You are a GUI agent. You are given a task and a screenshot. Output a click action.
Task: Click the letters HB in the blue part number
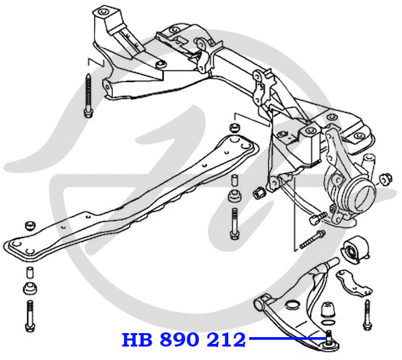(137, 340)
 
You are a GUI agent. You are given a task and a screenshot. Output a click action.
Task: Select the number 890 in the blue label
(180, 340)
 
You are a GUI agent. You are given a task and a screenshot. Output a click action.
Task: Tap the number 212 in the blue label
(226, 340)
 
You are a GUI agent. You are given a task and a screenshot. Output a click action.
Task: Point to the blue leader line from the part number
(287, 338)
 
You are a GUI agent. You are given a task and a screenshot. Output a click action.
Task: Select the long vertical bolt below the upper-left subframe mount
(88, 96)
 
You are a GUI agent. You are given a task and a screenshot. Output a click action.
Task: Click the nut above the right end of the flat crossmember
(234, 128)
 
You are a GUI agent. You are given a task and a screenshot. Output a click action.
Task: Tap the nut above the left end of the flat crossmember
(30, 225)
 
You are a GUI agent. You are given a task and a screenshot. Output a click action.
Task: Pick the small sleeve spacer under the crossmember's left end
(30, 273)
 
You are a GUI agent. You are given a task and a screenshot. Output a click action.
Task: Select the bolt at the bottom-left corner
(30, 316)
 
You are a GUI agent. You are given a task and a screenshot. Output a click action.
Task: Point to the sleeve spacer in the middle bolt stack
(234, 180)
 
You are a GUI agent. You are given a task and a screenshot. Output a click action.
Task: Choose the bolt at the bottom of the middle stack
(234, 223)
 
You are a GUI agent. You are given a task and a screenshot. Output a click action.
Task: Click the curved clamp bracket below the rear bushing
(354, 283)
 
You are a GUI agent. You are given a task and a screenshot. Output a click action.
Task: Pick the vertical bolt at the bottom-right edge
(367, 314)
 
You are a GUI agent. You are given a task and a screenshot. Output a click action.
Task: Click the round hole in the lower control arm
(292, 305)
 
